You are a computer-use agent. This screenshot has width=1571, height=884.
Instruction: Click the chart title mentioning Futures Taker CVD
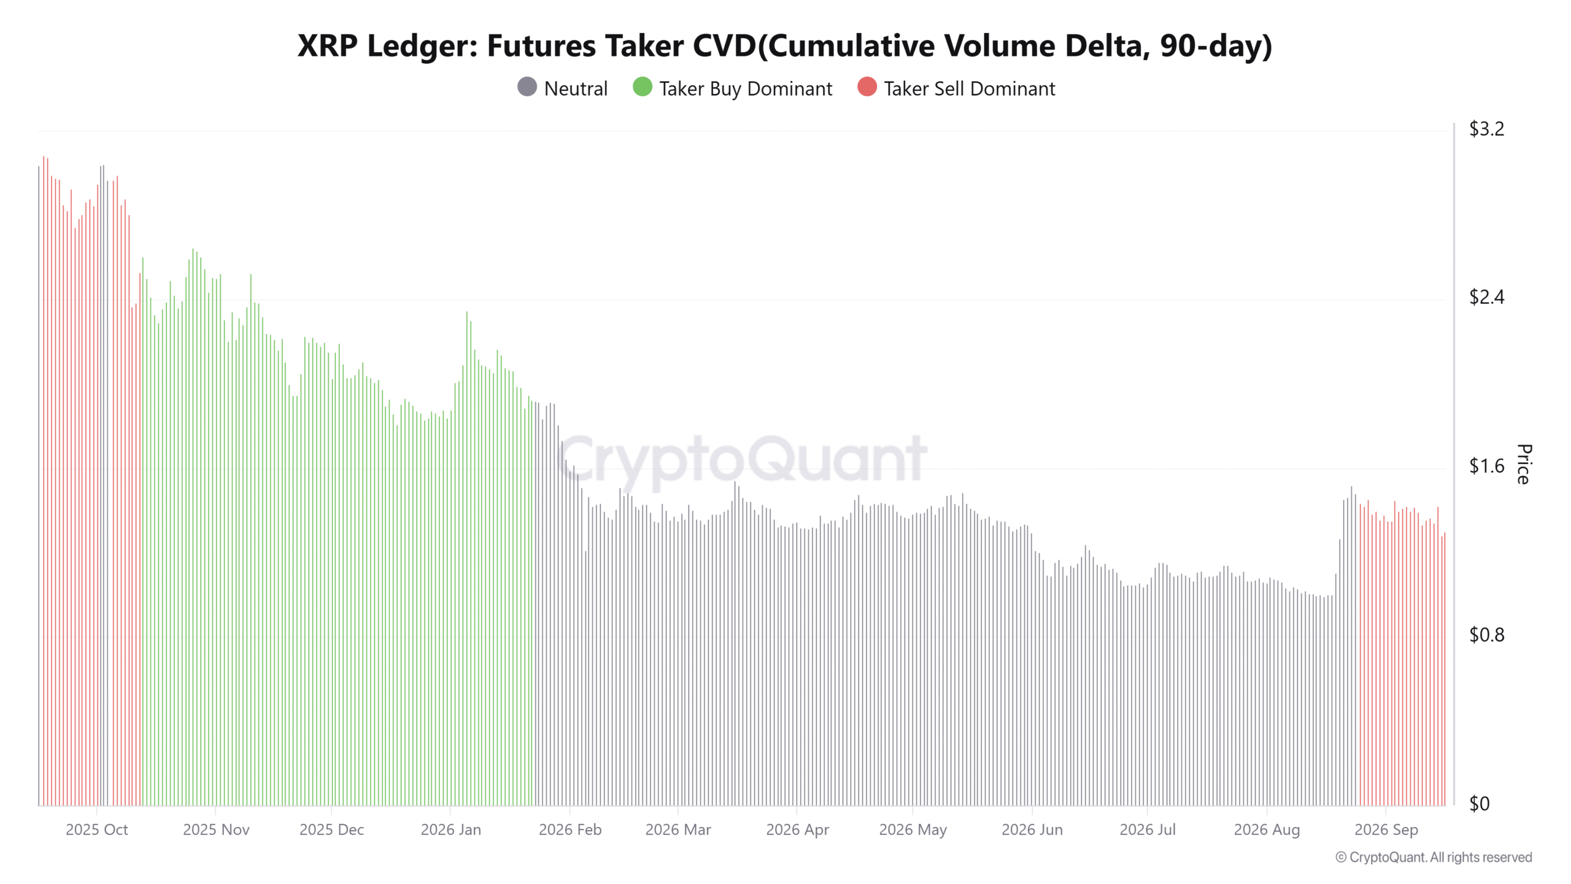785,46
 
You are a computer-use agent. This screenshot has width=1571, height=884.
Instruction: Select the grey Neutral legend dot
527,87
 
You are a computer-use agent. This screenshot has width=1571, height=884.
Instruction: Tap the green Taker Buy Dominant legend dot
643,87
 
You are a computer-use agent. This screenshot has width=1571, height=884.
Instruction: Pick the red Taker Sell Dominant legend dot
867,87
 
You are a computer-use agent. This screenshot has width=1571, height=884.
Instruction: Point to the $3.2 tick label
1486,129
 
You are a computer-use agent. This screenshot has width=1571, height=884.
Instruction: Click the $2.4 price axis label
1486,298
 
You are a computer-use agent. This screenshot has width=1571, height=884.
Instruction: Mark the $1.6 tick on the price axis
1486,467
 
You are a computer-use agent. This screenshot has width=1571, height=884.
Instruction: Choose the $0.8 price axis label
1486,635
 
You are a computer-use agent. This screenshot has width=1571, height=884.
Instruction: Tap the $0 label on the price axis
1479,804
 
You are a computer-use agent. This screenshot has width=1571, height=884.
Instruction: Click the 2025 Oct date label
97,830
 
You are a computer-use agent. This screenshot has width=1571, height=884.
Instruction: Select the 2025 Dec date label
331,830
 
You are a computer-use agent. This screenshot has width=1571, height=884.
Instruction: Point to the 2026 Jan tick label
451,830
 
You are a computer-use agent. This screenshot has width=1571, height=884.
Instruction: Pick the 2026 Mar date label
678,830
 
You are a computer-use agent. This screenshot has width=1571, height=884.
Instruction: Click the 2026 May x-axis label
913,830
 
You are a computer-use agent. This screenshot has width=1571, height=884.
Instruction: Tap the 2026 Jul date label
1148,830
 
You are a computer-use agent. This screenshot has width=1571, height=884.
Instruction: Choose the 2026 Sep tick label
1386,830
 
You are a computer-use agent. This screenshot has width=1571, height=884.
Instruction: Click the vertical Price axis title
1524,464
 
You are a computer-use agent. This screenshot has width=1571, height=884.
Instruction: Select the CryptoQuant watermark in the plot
743,459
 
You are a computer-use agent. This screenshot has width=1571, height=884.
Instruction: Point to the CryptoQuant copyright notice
1434,858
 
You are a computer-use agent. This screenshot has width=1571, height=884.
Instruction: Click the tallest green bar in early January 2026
466,558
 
